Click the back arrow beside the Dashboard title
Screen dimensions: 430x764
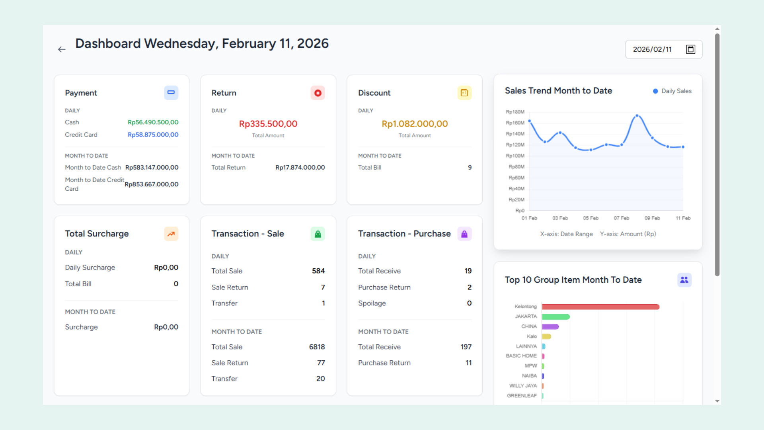tap(62, 49)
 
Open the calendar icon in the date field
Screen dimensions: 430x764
tap(691, 49)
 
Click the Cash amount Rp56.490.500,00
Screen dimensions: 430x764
tap(153, 122)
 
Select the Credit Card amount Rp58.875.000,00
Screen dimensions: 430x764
tap(153, 135)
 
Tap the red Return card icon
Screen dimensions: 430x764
tap(318, 93)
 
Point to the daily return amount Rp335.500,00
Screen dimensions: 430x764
tap(268, 124)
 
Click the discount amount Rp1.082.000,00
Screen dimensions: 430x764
tap(415, 124)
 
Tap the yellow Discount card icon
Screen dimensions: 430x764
tap(464, 93)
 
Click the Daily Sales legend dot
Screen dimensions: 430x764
tap(655, 91)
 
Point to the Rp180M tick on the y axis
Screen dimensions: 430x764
tap(515, 112)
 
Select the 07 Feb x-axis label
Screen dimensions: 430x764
tap(621, 218)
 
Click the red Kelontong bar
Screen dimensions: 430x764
tap(600, 307)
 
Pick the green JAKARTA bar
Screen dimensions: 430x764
tap(555, 317)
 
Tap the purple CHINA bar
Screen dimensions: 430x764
tap(550, 326)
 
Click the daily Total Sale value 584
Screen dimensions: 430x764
tap(318, 271)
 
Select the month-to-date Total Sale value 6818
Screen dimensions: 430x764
tap(317, 347)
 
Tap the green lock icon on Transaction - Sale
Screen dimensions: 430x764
tap(318, 234)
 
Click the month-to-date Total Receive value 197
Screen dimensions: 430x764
tap(466, 347)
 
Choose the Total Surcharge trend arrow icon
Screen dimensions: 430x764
tap(171, 234)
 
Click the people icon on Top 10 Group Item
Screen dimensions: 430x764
tap(684, 280)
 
